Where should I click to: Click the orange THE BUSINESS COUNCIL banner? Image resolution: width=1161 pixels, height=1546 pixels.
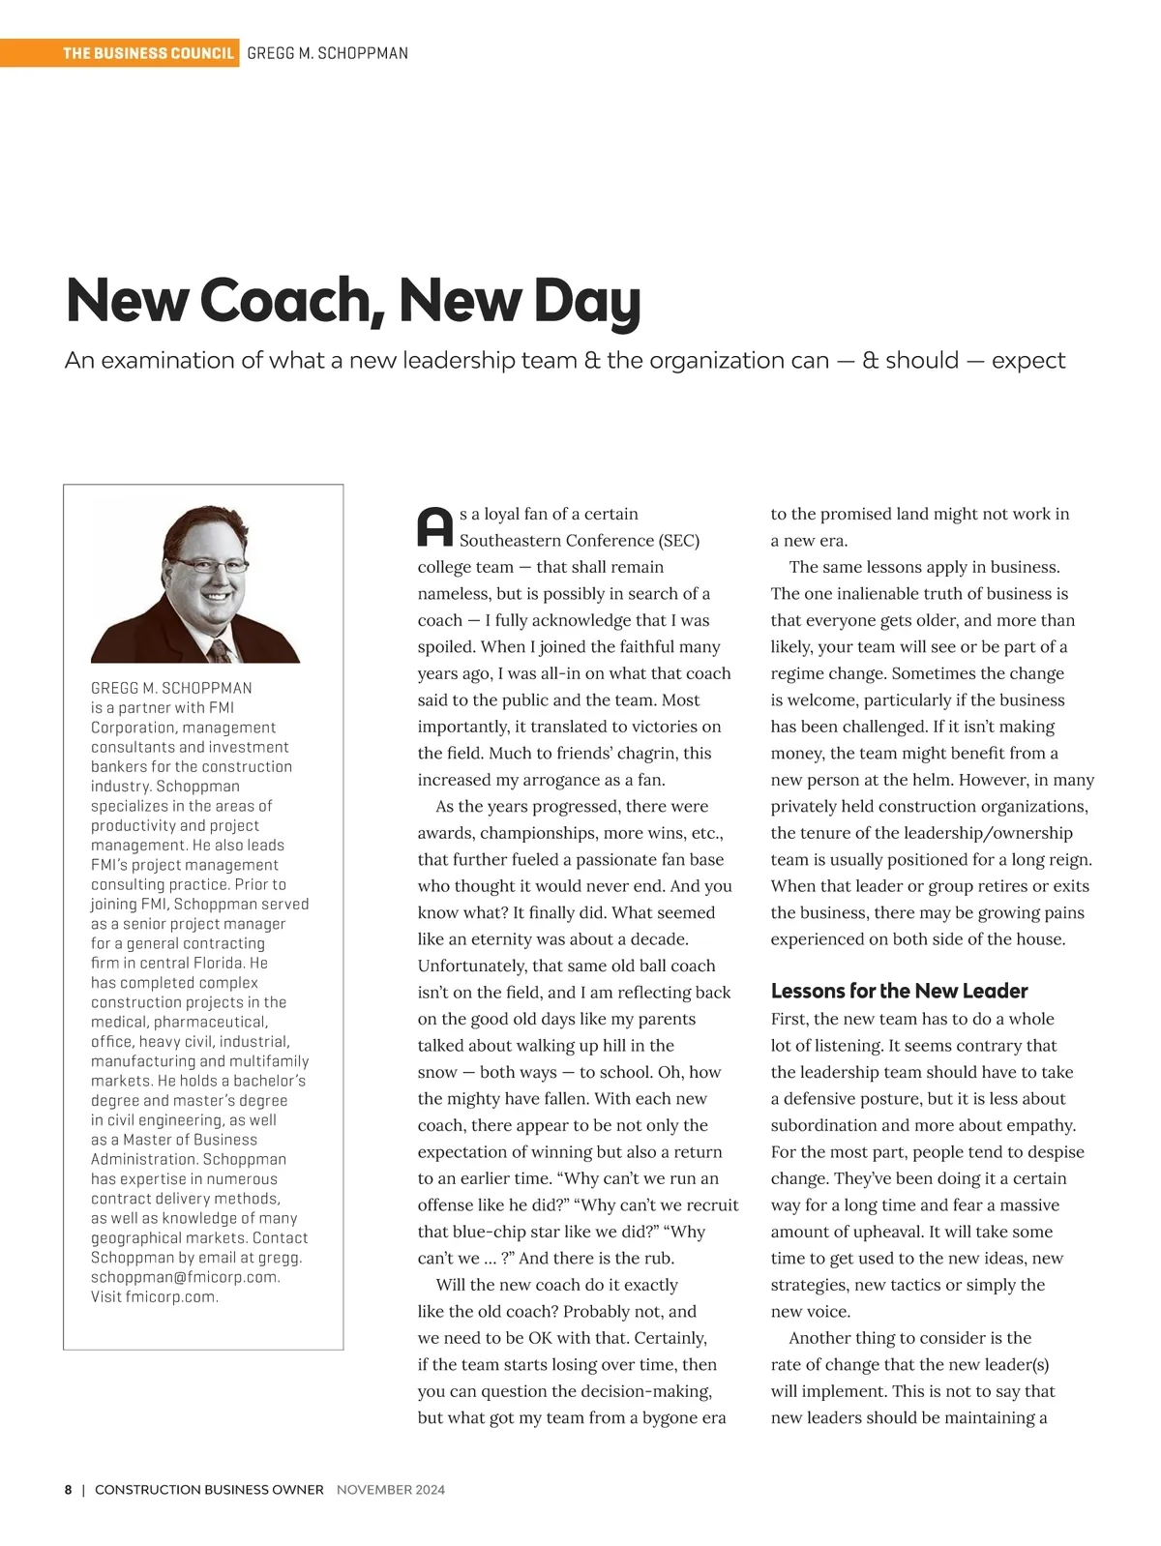(148, 53)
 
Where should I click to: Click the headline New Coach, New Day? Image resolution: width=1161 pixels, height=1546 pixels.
(353, 300)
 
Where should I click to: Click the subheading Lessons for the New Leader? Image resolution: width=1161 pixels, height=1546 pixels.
(899, 991)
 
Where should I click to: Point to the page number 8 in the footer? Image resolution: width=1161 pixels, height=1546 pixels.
(68, 1490)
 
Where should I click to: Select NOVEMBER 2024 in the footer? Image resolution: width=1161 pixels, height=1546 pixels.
(391, 1490)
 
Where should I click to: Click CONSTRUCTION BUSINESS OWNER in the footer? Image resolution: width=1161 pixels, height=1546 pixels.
(209, 1490)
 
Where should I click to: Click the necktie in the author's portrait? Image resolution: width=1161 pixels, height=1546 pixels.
(221, 649)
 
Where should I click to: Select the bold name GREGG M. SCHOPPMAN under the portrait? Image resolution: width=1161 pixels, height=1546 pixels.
(171, 688)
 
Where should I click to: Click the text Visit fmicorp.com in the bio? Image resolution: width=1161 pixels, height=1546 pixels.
(155, 1297)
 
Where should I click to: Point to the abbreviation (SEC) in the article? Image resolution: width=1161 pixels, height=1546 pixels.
(679, 541)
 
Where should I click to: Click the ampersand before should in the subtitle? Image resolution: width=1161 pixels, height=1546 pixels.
(871, 361)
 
